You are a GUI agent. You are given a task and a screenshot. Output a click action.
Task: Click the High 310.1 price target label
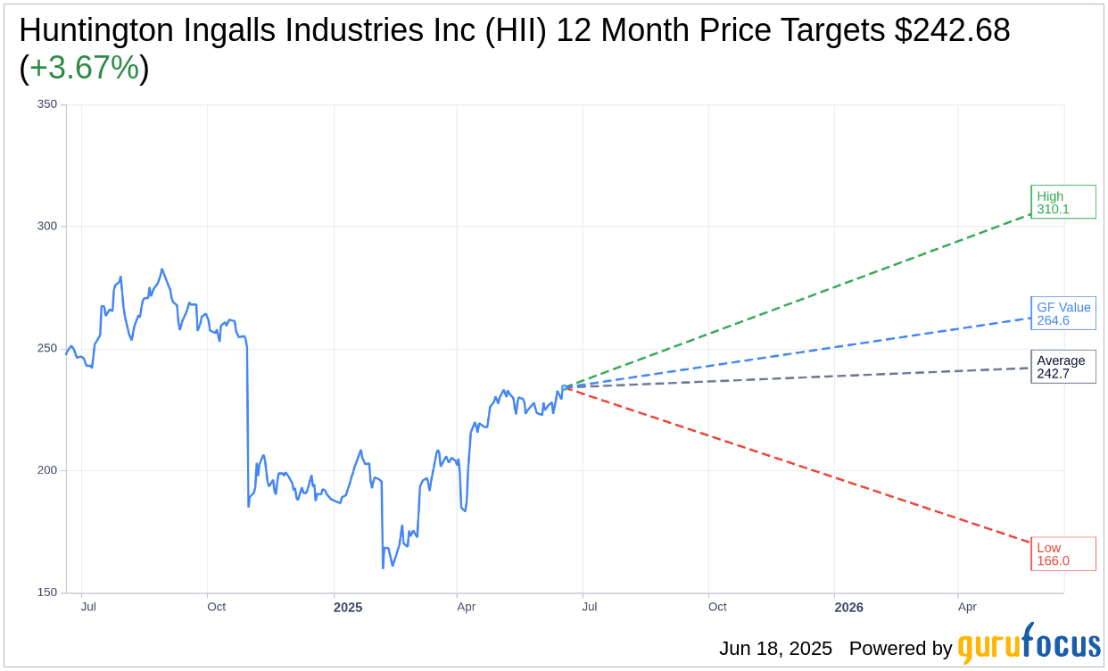[1063, 203]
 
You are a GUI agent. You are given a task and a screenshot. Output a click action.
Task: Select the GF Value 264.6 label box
[1063, 313]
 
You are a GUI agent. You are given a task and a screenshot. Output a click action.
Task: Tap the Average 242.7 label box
[1063, 367]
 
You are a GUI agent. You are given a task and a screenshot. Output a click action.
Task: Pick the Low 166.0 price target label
[1063, 554]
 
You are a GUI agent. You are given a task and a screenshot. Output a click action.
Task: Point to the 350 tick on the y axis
[47, 104]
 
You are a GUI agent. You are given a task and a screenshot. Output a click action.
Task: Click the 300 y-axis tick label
[47, 227]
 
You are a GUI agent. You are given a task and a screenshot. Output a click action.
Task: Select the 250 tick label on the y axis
[47, 349]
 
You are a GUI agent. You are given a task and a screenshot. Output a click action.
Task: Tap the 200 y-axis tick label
[47, 470]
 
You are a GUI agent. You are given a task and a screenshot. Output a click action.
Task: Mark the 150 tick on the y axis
[47, 592]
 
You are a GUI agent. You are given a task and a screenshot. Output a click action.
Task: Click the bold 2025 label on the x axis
[348, 608]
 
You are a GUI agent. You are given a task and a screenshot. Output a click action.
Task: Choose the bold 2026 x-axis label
[848, 608]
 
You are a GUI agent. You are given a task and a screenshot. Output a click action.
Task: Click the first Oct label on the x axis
[216, 607]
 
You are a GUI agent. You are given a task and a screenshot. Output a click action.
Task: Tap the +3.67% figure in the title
[84, 68]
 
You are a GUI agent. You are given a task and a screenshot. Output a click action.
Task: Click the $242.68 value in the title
[953, 30]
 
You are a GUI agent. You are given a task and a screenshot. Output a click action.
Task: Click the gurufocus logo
[1029, 645]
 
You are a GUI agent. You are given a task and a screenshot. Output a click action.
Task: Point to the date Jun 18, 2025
[775, 649]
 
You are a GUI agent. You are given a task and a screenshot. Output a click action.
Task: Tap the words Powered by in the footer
[900, 649]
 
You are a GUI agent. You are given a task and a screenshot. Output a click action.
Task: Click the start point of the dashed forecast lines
[566, 386]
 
